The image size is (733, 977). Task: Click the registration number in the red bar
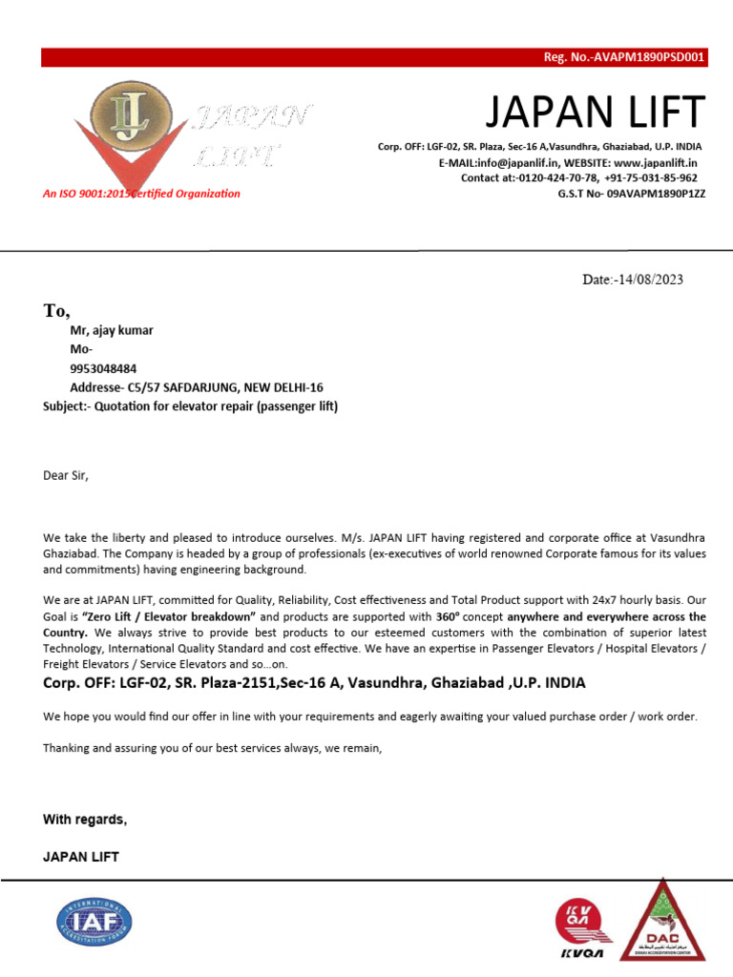pos(623,57)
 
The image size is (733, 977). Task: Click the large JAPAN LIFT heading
pos(595,113)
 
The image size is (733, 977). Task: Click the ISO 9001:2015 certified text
pos(141,194)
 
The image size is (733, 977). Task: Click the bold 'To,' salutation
pos(57,310)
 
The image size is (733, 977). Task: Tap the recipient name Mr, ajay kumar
pos(112,331)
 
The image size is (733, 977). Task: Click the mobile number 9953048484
pos(103,368)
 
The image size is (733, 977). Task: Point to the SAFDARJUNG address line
pos(197,387)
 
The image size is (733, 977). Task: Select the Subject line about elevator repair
pos(191,406)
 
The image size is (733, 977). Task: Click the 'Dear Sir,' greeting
pos(66,474)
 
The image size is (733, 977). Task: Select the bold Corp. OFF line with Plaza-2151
pos(314,683)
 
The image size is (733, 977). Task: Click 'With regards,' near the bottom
pos(85,820)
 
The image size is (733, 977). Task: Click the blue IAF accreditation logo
pos(94,923)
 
